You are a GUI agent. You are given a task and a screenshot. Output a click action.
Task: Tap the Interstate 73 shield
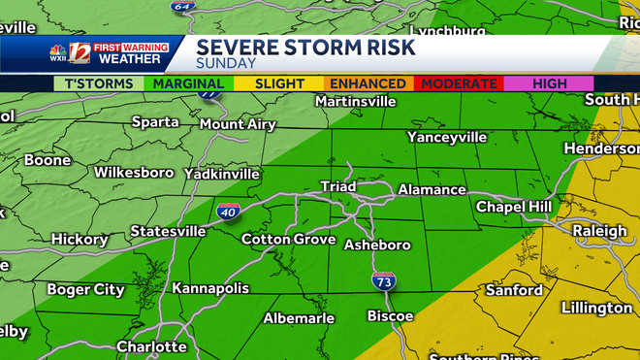[383, 281]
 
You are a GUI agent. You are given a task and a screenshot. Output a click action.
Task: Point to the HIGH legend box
[550, 84]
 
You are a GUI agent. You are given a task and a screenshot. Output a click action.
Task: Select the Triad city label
[337, 186]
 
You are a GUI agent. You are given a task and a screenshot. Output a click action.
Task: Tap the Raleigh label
[599, 231]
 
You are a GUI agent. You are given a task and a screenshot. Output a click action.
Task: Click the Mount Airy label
[238, 124]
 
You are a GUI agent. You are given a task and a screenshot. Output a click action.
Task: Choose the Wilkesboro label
[134, 173]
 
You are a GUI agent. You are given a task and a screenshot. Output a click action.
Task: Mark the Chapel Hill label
[514, 207]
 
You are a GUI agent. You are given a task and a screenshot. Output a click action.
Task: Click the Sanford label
[514, 290]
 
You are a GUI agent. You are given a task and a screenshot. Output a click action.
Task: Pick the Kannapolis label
[210, 288]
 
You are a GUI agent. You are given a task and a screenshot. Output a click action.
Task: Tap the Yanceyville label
[447, 137]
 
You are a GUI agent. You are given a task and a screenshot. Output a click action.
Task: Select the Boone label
[48, 160]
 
